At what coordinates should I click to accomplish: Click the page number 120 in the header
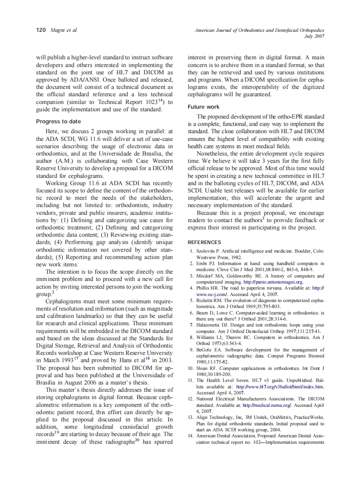click(41, 30)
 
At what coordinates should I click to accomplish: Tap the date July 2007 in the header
click(314, 37)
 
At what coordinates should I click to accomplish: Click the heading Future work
click(204, 107)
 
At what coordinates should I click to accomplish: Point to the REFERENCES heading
click(204, 242)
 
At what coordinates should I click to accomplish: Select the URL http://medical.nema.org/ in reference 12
click(267, 405)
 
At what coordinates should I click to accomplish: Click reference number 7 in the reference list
click(192, 325)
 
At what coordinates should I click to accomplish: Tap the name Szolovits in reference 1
click(207, 250)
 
